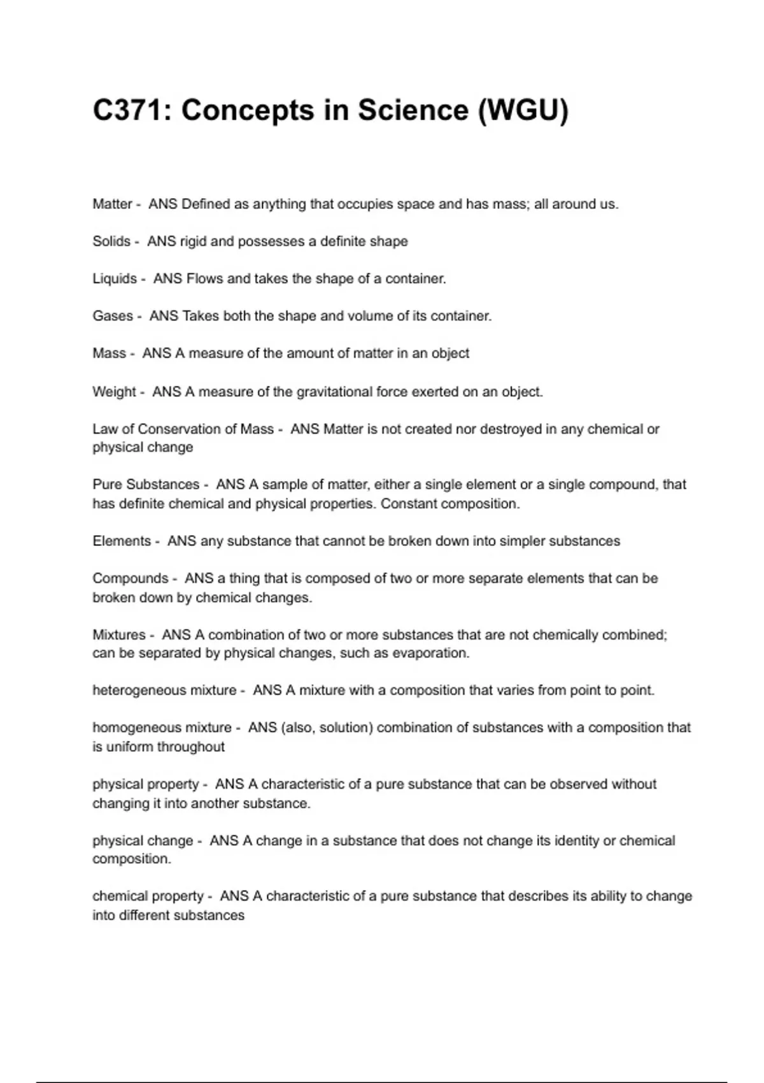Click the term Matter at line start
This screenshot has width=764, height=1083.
pyautogui.click(x=112, y=204)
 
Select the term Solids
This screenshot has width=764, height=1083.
pyautogui.click(x=111, y=241)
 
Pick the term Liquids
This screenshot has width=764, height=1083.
pyautogui.click(x=115, y=278)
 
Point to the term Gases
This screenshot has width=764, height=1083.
pyautogui.click(x=113, y=316)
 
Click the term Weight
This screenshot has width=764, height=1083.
pyautogui.click(x=114, y=392)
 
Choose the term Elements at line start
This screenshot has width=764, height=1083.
pyautogui.click(x=122, y=541)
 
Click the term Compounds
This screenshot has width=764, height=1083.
pyautogui.click(x=130, y=578)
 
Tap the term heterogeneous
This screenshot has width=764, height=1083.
pyautogui.click(x=132, y=690)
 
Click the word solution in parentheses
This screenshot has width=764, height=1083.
pyautogui.click(x=344, y=728)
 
